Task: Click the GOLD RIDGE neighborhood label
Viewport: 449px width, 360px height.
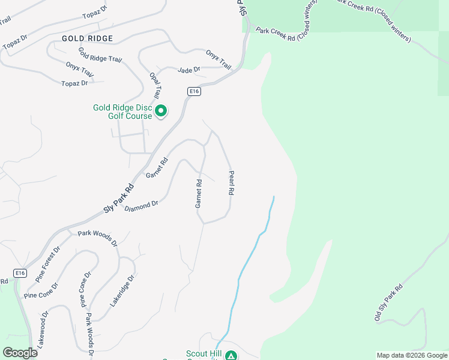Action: (87, 38)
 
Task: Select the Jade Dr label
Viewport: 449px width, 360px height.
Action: (188, 70)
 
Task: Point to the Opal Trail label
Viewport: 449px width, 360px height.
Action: (155, 86)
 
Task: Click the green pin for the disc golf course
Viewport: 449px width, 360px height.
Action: (161, 111)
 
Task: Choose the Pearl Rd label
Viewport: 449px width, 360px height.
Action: (231, 183)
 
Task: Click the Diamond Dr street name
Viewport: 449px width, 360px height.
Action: (141, 206)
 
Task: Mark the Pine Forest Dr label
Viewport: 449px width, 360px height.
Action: (48, 264)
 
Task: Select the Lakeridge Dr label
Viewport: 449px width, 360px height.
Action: (122, 292)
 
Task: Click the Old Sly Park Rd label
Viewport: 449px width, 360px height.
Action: (389, 302)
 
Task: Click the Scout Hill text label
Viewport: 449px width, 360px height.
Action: (203, 354)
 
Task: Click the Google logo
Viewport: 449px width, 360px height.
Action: (20, 353)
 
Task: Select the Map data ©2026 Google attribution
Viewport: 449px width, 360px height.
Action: (412, 355)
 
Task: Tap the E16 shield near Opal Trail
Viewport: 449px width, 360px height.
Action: (193, 91)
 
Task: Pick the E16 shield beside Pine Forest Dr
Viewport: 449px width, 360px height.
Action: (21, 273)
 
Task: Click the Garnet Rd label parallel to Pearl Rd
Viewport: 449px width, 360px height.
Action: (198, 193)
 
